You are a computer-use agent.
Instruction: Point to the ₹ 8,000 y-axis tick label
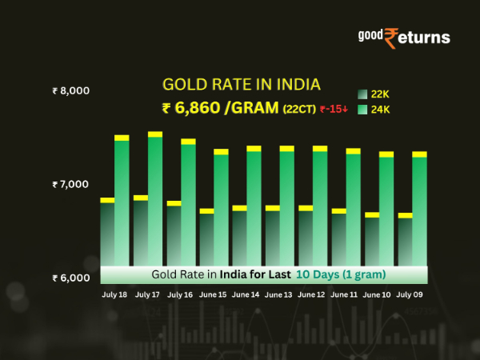(x=70, y=91)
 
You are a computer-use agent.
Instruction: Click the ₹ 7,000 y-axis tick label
(x=70, y=185)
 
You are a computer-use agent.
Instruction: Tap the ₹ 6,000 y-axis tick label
(x=70, y=278)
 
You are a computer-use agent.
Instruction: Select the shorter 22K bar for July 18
(x=107, y=232)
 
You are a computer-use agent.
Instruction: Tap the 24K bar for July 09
(x=419, y=208)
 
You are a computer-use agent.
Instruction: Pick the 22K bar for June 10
(x=371, y=240)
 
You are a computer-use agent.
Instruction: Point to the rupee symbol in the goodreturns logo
(x=391, y=38)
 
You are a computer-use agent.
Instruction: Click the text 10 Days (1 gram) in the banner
(x=341, y=274)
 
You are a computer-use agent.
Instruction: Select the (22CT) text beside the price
(x=299, y=110)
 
